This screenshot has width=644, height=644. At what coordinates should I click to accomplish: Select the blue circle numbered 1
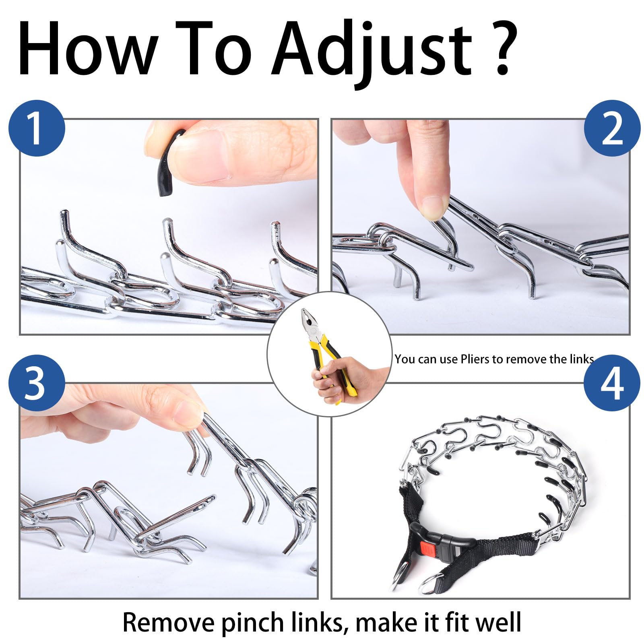pyautogui.click(x=37, y=128)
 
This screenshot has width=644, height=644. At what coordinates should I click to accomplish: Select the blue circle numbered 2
pyautogui.click(x=612, y=128)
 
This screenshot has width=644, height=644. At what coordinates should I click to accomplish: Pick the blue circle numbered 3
pyautogui.click(x=37, y=383)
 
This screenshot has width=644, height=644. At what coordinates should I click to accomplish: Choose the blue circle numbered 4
pyautogui.click(x=612, y=383)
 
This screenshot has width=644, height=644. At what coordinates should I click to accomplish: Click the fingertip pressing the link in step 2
pyautogui.click(x=433, y=207)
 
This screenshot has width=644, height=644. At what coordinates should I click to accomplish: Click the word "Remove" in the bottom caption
pyautogui.click(x=169, y=622)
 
